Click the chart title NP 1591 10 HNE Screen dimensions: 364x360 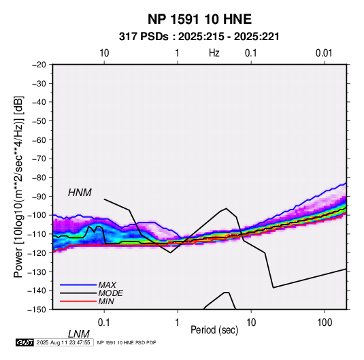(x=199, y=19)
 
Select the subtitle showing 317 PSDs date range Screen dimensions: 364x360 (x=199, y=37)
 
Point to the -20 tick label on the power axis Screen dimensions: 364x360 (x=39, y=65)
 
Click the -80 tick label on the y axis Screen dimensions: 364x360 (x=39, y=178)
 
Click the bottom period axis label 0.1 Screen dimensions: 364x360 (x=104, y=323)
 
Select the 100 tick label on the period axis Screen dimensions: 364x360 (x=325, y=323)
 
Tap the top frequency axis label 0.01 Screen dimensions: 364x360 (x=324, y=53)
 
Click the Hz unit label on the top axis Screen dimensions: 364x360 (x=214, y=53)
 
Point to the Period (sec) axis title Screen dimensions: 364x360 (x=214, y=330)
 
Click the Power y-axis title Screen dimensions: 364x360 (x=18, y=186)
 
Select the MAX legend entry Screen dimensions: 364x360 (x=107, y=285)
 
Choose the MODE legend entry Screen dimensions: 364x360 (x=110, y=293)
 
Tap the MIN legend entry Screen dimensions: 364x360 (x=106, y=301)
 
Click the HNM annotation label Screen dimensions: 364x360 (x=80, y=193)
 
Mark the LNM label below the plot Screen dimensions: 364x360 (x=79, y=334)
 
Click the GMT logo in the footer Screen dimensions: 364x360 (x=24, y=342)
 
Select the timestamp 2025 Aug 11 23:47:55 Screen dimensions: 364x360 (x=63, y=342)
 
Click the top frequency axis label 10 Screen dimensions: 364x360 (x=104, y=53)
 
